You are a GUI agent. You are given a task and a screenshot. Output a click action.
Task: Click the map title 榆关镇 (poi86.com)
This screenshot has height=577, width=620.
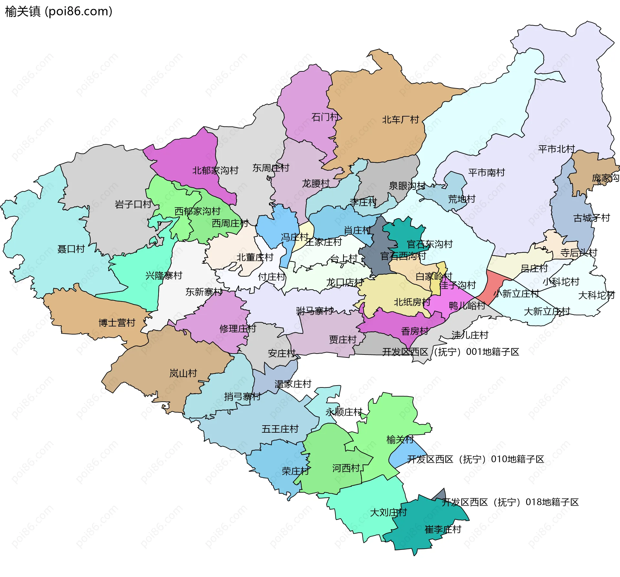coord(58,12)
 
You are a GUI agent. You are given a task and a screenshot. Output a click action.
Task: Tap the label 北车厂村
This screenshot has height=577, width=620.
coord(400,120)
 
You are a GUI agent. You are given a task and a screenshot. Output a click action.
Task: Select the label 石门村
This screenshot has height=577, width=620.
coord(325,117)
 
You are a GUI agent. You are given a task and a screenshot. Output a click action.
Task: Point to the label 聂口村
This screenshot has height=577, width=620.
coord(71,249)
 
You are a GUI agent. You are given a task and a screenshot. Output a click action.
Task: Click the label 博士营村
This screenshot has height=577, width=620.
coord(117,323)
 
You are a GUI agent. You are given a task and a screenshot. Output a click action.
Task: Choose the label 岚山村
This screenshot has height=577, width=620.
coord(183,373)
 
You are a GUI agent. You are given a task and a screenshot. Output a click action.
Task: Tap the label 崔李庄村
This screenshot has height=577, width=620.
coord(443,530)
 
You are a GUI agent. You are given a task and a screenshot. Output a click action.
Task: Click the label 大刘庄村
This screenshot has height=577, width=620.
coord(388,512)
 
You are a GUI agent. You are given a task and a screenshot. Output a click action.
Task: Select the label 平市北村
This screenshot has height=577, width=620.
coord(556,149)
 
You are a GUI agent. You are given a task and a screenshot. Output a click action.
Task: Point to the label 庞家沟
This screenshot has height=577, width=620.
coord(605,178)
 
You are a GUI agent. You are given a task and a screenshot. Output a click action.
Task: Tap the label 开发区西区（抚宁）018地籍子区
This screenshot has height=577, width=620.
coord(510,502)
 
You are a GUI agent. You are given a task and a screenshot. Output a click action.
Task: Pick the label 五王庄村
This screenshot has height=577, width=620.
coord(280,429)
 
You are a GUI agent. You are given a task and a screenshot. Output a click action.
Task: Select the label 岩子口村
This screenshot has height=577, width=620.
coord(133,204)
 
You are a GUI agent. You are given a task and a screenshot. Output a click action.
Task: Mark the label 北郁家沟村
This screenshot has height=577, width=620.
coord(215,170)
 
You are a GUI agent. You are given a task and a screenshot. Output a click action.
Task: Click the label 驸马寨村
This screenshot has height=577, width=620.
coord(314,311)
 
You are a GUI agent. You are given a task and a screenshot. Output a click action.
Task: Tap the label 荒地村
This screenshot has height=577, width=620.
coord(462,199)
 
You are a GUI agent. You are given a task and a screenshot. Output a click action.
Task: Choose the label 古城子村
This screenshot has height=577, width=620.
coord(592,218)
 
